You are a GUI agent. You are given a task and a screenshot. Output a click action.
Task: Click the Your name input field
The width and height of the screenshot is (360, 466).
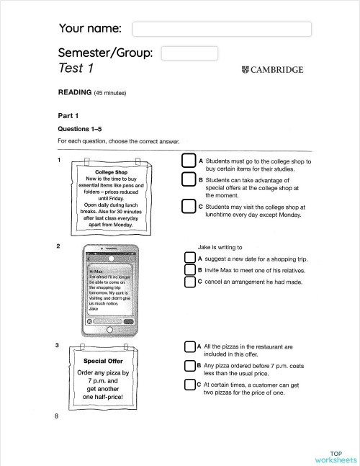tap(222, 29)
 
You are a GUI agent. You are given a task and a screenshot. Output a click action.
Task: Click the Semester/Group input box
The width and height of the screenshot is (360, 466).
tap(189, 53)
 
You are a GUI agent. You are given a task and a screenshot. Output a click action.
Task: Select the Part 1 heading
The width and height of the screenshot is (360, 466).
tap(68, 115)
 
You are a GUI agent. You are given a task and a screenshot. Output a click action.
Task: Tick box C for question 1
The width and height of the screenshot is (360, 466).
tap(188, 207)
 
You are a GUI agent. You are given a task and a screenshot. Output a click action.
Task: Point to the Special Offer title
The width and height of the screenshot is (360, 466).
tap(103, 361)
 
